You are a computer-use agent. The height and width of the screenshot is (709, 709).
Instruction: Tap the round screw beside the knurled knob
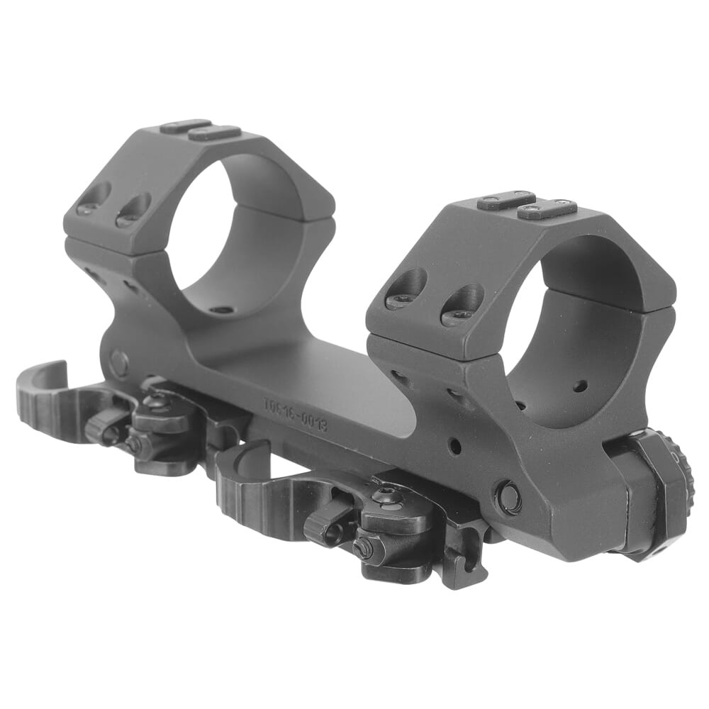508,497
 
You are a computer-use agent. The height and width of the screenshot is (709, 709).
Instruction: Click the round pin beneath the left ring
118,364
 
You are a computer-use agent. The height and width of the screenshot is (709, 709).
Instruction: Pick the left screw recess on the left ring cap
96,198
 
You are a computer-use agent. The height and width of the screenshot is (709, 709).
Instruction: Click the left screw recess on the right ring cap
407,291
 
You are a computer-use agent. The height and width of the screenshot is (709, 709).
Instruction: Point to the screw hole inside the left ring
222,310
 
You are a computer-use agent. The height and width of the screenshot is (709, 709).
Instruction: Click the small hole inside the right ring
581,386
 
